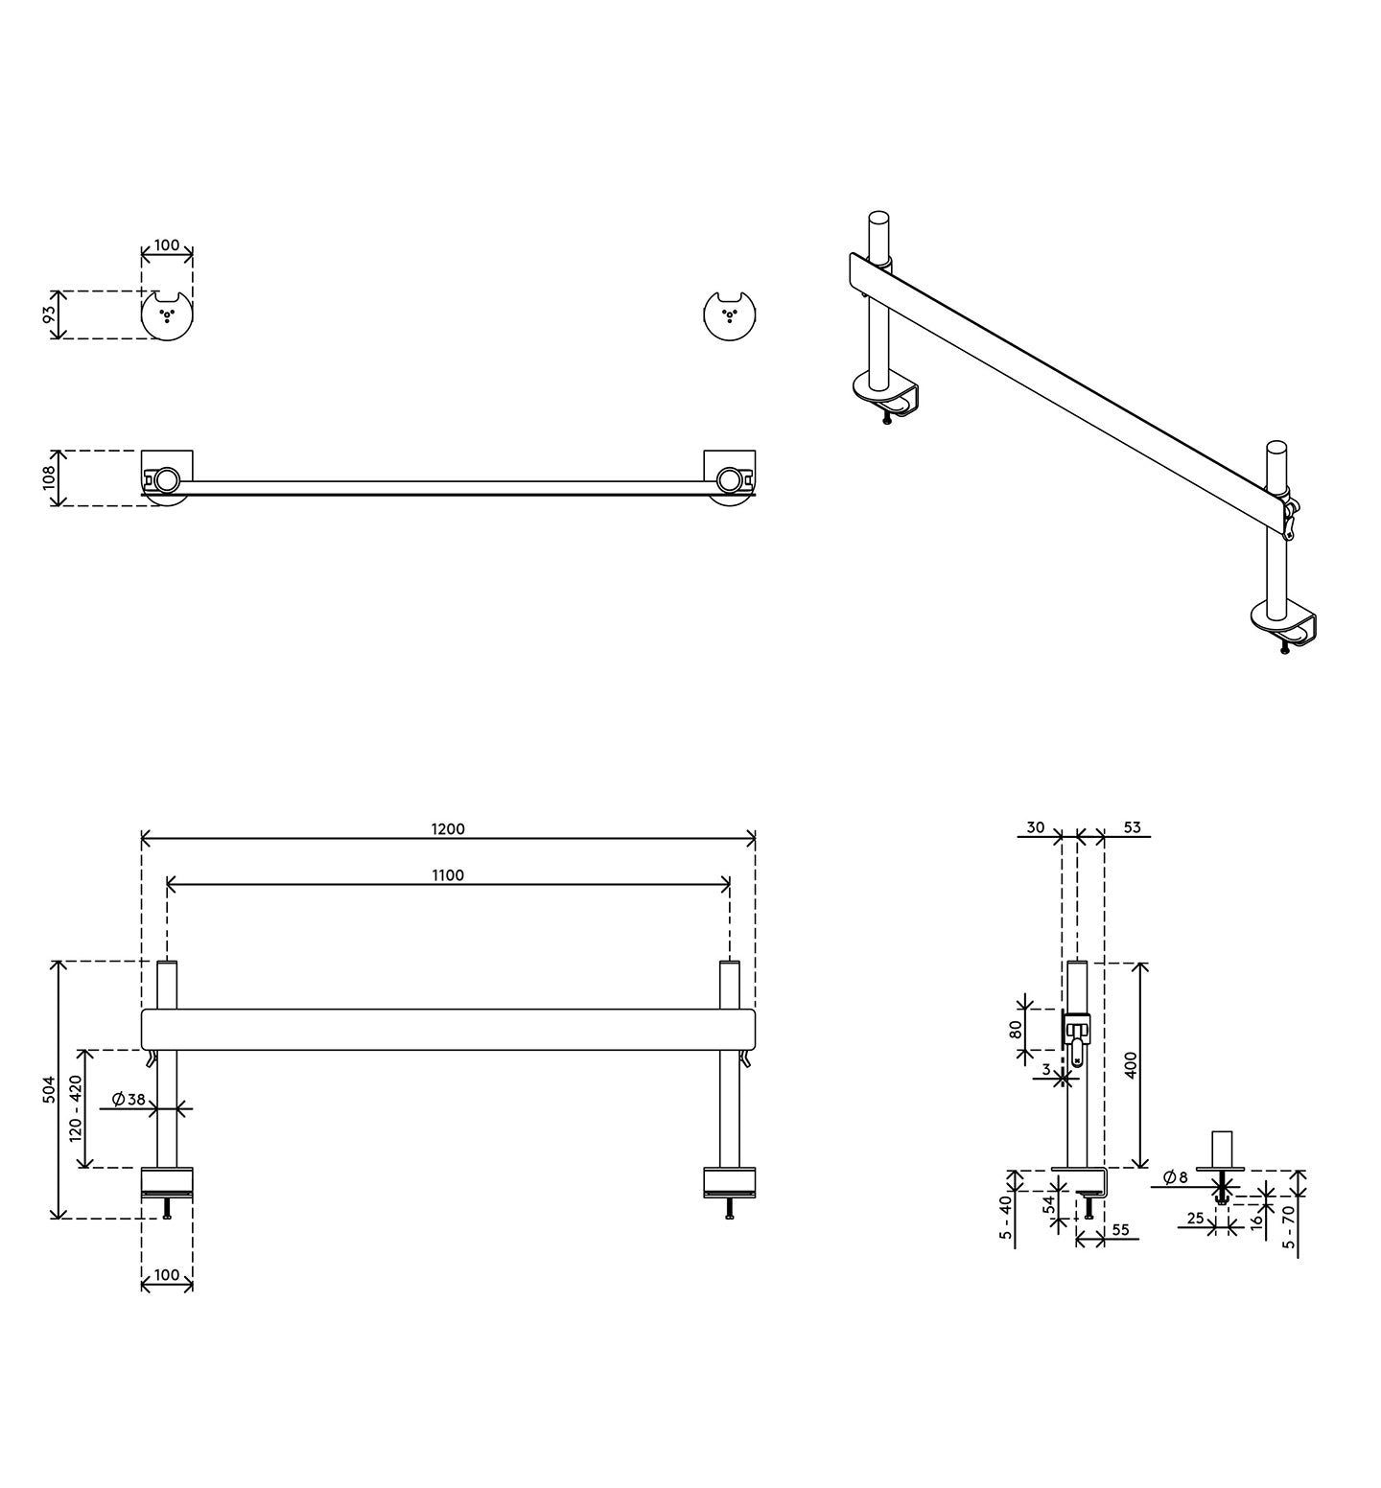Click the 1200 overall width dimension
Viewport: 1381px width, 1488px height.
[448, 829]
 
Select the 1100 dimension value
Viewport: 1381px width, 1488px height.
[448, 875]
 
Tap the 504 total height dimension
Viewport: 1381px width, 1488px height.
[50, 1089]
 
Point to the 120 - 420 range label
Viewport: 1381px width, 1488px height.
[77, 1107]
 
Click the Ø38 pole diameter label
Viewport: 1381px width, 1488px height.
[129, 1100]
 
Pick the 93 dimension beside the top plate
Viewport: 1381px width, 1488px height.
[50, 314]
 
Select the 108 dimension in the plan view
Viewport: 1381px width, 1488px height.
[50, 477]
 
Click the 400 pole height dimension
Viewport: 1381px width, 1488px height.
[1131, 1065]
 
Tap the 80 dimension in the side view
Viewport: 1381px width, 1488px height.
[1016, 1029]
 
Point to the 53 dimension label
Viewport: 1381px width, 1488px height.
[1132, 827]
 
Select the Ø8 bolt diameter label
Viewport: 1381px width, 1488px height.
[1175, 1176]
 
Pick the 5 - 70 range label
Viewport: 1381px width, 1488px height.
[1289, 1226]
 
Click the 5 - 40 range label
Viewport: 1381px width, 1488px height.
[1006, 1218]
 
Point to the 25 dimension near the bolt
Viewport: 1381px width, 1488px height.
[1195, 1219]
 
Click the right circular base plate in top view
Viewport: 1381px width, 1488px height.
[730, 315]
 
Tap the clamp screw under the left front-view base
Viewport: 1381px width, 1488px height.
[167, 1207]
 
